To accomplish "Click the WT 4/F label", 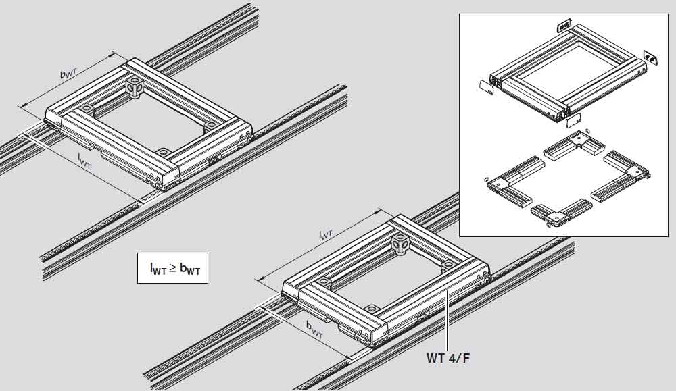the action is (x=448, y=358).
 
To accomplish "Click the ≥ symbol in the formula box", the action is (x=172, y=268).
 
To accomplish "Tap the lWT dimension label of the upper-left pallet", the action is (x=84, y=161).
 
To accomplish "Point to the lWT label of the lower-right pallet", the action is (x=326, y=234).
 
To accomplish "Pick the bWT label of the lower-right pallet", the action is (x=314, y=330).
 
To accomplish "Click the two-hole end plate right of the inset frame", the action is (x=650, y=57).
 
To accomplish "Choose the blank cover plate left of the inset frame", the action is (x=487, y=87).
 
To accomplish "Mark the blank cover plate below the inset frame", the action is (x=574, y=120).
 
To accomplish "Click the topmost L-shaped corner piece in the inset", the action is (x=574, y=148).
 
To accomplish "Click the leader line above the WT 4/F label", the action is (x=448, y=320).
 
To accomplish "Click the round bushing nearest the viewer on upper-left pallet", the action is (x=162, y=153).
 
